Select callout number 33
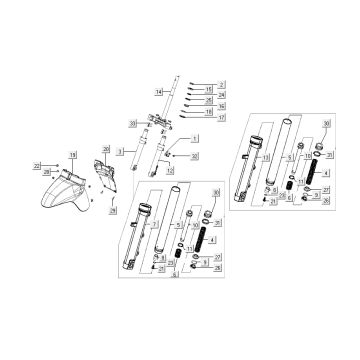(x=132, y=122)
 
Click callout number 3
(x=119, y=150)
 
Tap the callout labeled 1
(x=195, y=137)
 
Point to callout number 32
(x=195, y=157)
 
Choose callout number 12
(x=171, y=170)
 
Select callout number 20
(x=106, y=149)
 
